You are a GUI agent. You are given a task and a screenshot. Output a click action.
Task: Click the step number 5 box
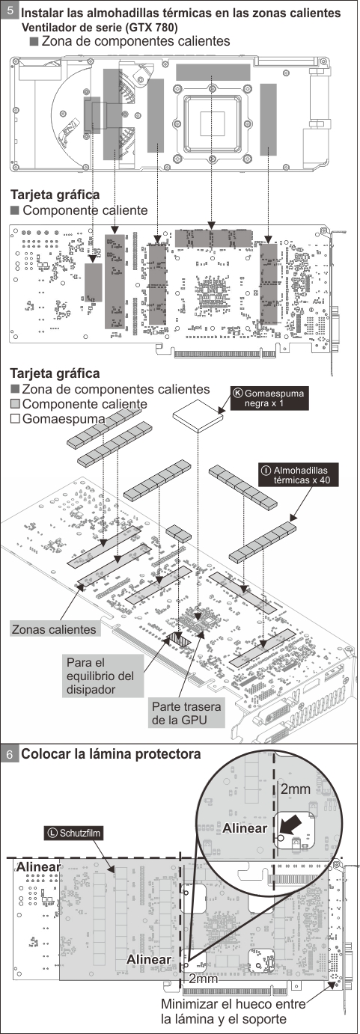[10, 13]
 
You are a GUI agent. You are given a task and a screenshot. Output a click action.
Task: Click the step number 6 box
[10, 755]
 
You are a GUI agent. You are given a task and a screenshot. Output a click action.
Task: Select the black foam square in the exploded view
[199, 413]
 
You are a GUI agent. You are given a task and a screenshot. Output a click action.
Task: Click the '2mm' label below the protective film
[204, 978]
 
